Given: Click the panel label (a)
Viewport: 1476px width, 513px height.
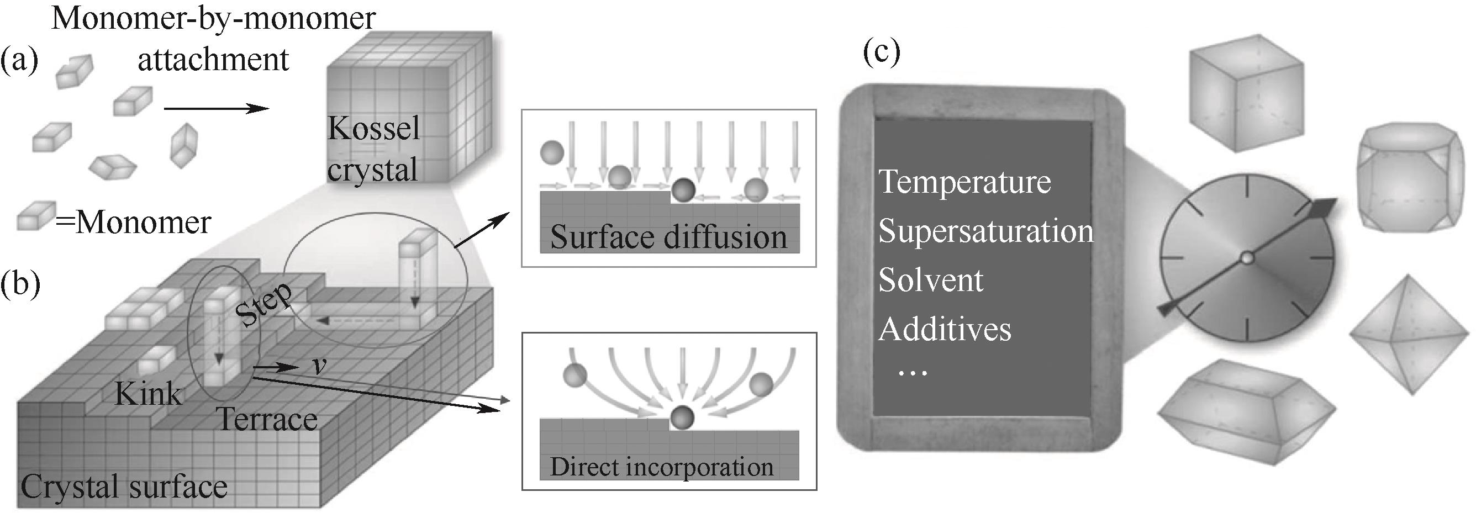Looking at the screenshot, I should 19,61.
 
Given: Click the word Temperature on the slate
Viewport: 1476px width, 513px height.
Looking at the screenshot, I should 965,182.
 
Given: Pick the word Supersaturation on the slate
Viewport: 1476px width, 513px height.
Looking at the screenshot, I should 985,231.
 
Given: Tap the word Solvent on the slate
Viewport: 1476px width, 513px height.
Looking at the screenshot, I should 931,281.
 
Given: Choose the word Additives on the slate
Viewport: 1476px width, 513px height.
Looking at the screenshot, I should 945,329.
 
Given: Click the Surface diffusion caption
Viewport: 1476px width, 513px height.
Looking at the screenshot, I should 668,237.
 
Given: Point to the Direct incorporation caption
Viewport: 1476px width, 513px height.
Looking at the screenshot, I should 662,467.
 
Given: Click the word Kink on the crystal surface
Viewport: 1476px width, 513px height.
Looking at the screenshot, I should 148,394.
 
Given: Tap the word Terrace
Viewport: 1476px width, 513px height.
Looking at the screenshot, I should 267,420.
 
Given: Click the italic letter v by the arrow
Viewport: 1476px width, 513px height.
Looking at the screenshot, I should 319,364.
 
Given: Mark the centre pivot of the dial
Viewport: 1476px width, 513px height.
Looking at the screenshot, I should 1246,258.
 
